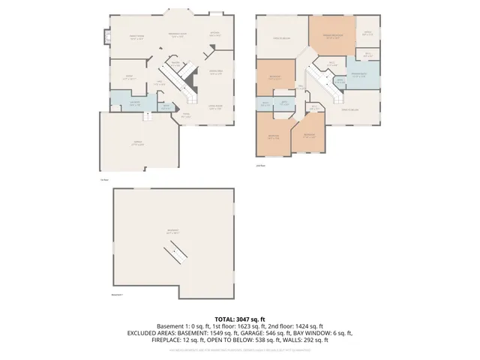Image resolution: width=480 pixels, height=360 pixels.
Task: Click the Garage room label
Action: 138,145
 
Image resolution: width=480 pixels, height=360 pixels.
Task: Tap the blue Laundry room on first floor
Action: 135,103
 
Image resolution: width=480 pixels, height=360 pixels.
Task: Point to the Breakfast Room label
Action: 177,36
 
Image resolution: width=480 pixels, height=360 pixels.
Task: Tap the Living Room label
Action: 215,107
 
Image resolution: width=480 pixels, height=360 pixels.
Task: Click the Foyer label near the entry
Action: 186,115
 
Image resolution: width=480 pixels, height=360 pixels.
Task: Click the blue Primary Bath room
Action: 358,76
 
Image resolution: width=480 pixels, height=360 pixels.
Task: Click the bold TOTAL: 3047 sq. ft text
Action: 240,319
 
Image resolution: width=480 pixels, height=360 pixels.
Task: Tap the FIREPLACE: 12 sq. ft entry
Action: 180,340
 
